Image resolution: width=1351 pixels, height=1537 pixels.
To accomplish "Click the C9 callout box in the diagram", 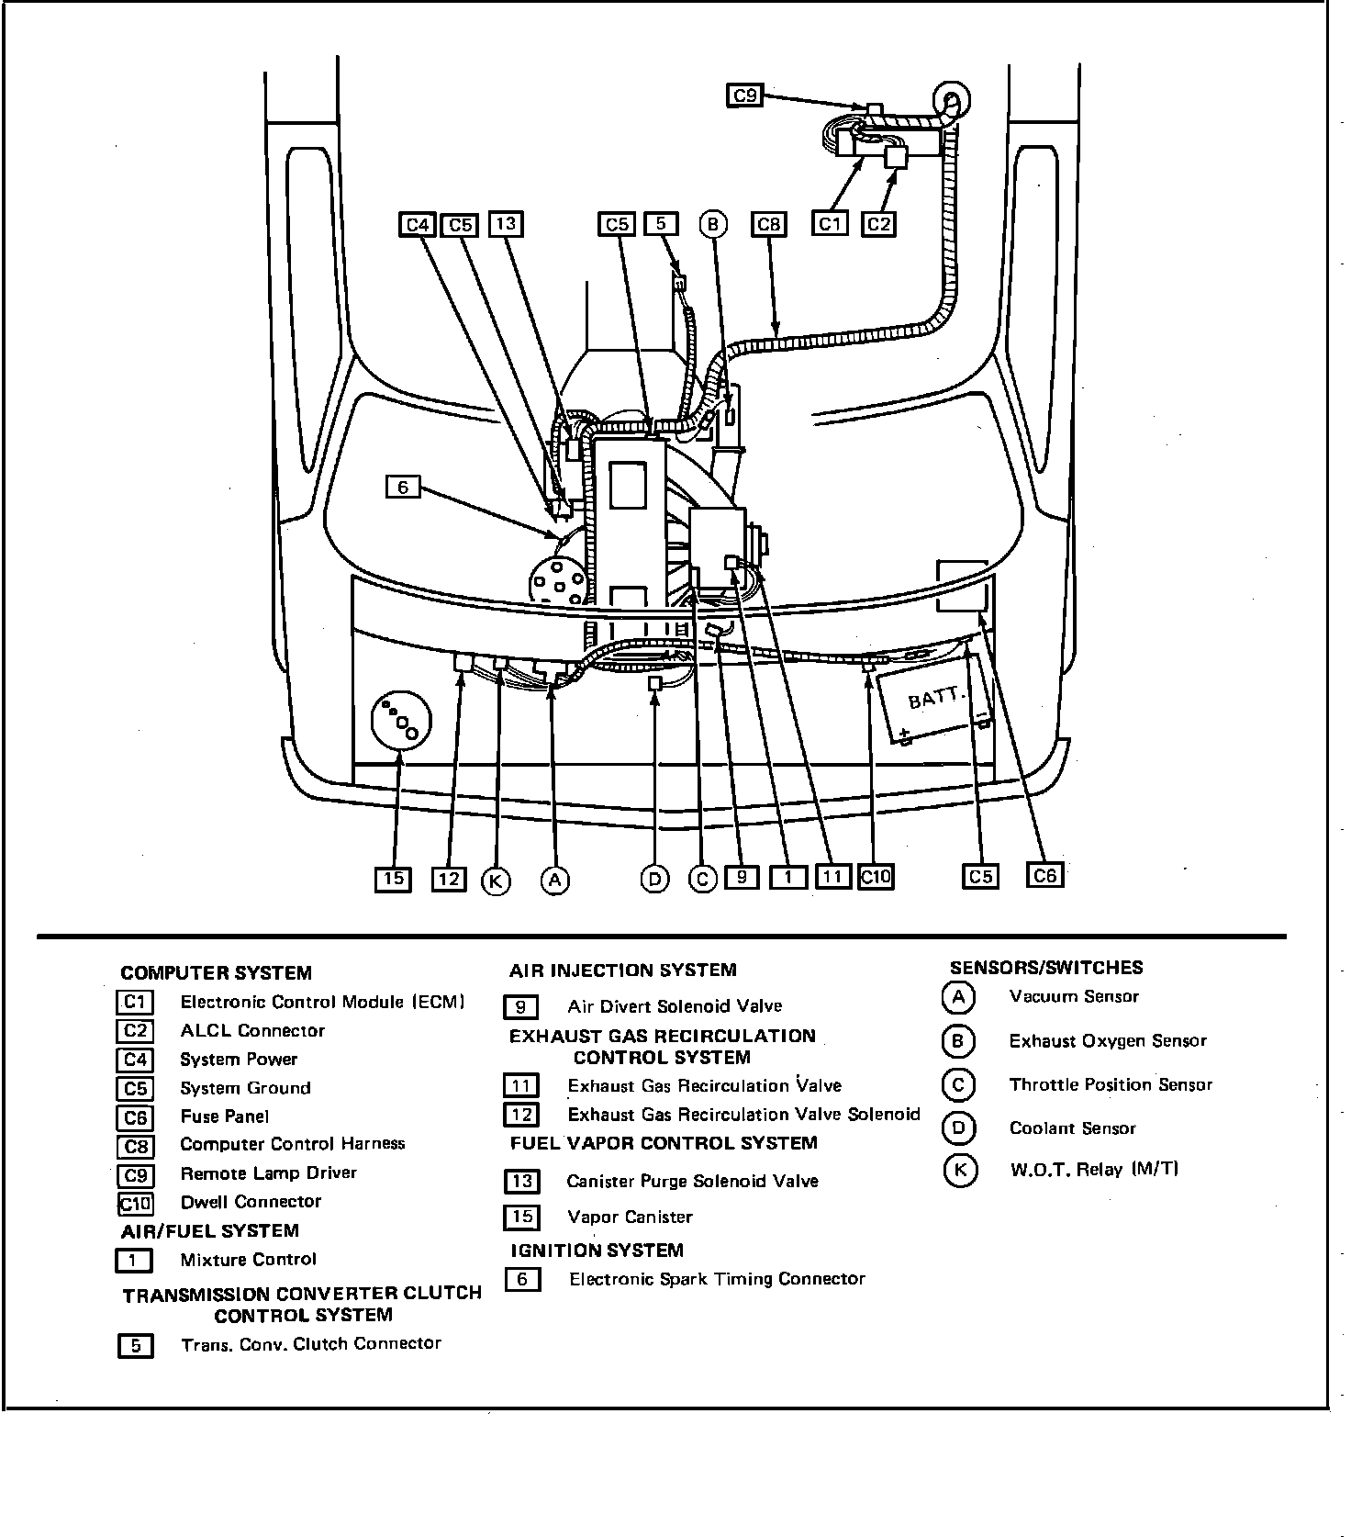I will (744, 95).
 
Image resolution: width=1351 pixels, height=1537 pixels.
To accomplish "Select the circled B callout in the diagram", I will (713, 224).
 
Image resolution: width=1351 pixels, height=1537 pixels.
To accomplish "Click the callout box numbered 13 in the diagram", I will (506, 223).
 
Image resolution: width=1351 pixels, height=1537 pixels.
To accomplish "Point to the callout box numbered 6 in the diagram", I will (402, 487).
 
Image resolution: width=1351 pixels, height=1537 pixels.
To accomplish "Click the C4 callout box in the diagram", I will (418, 224).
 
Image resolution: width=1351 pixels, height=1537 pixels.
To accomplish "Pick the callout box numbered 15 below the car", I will (393, 879).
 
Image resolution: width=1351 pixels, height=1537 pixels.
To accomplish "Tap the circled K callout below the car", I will (496, 881).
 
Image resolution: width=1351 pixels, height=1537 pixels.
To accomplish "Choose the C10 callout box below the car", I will (876, 877).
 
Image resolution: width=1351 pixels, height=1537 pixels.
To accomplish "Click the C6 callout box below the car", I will (1044, 875).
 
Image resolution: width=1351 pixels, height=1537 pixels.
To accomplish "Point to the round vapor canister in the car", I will (400, 722).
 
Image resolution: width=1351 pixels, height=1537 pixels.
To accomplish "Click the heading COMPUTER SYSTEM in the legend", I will (216, 973).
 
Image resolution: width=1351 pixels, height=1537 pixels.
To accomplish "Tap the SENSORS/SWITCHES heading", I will (1046, 968).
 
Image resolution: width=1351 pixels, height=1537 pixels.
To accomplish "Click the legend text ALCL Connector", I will (252, 1030).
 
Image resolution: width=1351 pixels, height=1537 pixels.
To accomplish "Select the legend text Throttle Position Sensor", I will (1111, 1084).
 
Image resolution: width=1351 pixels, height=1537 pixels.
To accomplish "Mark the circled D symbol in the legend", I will (958, 1128).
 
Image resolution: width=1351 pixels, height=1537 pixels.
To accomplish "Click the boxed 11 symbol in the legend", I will (521, 1086).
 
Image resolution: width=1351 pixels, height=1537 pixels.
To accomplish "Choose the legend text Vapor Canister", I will (630, 1217).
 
